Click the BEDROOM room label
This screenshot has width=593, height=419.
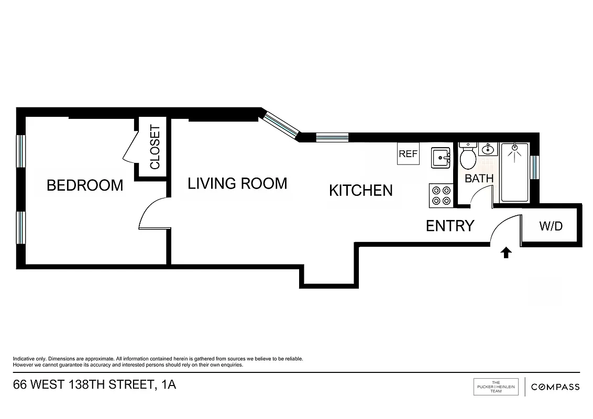(x=85, y=185)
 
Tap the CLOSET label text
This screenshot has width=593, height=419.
(x=155, y=147)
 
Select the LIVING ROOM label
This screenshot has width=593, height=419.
(x=237, y=183)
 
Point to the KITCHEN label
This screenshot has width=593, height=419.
(x=360, y=190)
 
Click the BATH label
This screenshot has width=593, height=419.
(x=479, y=178)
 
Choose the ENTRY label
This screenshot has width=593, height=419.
(x=449, y=226)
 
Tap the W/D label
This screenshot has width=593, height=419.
(x=551, y=226)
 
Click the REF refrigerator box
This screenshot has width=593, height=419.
(x=408, y=154)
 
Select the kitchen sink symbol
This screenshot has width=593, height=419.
(x=441, y=158)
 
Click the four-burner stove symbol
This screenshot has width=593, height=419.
(x=441, y=195)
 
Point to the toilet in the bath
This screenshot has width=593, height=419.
(x=467, y=156)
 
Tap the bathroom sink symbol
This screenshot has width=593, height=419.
(x=488, y=149)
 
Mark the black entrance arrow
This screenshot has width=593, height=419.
(x=506, y=253)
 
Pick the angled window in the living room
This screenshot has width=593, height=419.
(x=280, y=124)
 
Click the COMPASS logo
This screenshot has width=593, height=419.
(x=555, y=387)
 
